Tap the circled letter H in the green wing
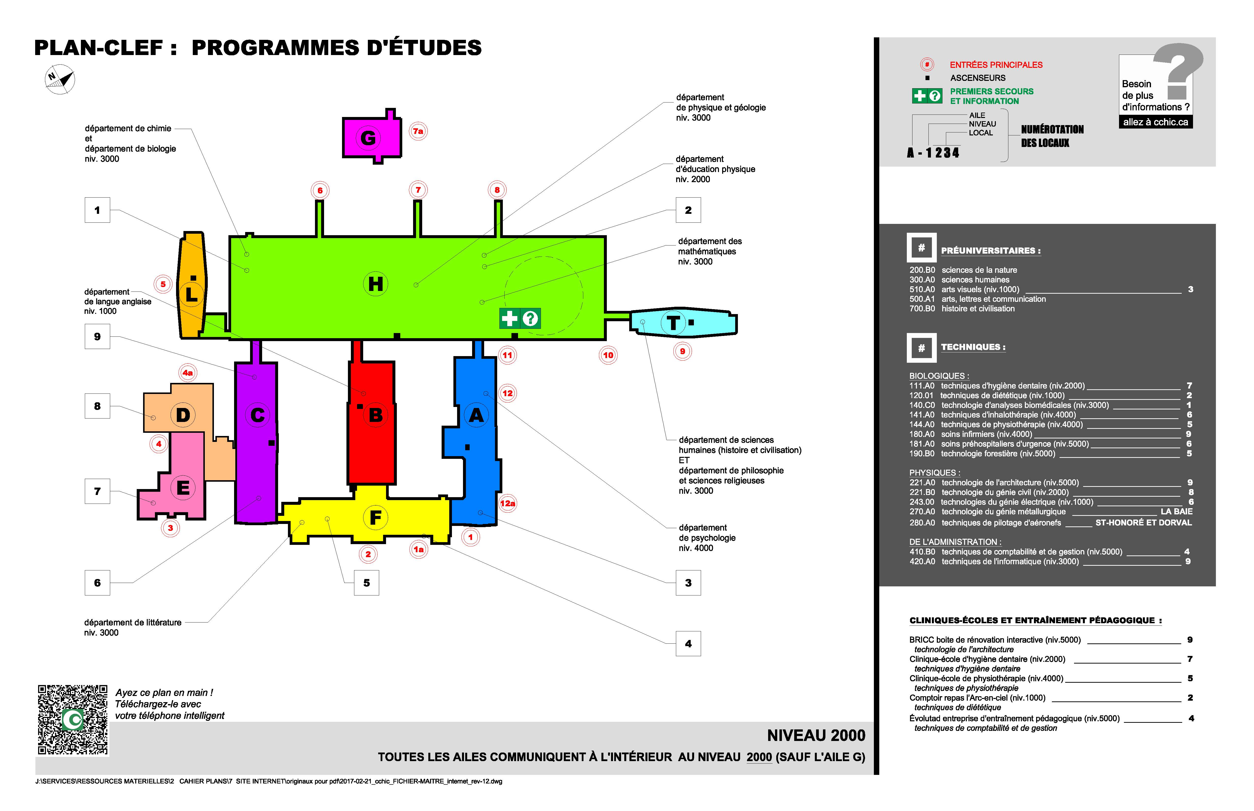375,284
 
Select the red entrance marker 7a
418,131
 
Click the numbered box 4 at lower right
688,644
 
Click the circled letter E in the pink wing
183,488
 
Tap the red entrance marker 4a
188,373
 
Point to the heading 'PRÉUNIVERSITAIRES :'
991,251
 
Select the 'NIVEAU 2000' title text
816,735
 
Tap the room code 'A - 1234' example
933,153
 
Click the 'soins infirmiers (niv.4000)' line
986,434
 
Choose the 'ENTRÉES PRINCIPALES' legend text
996,65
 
